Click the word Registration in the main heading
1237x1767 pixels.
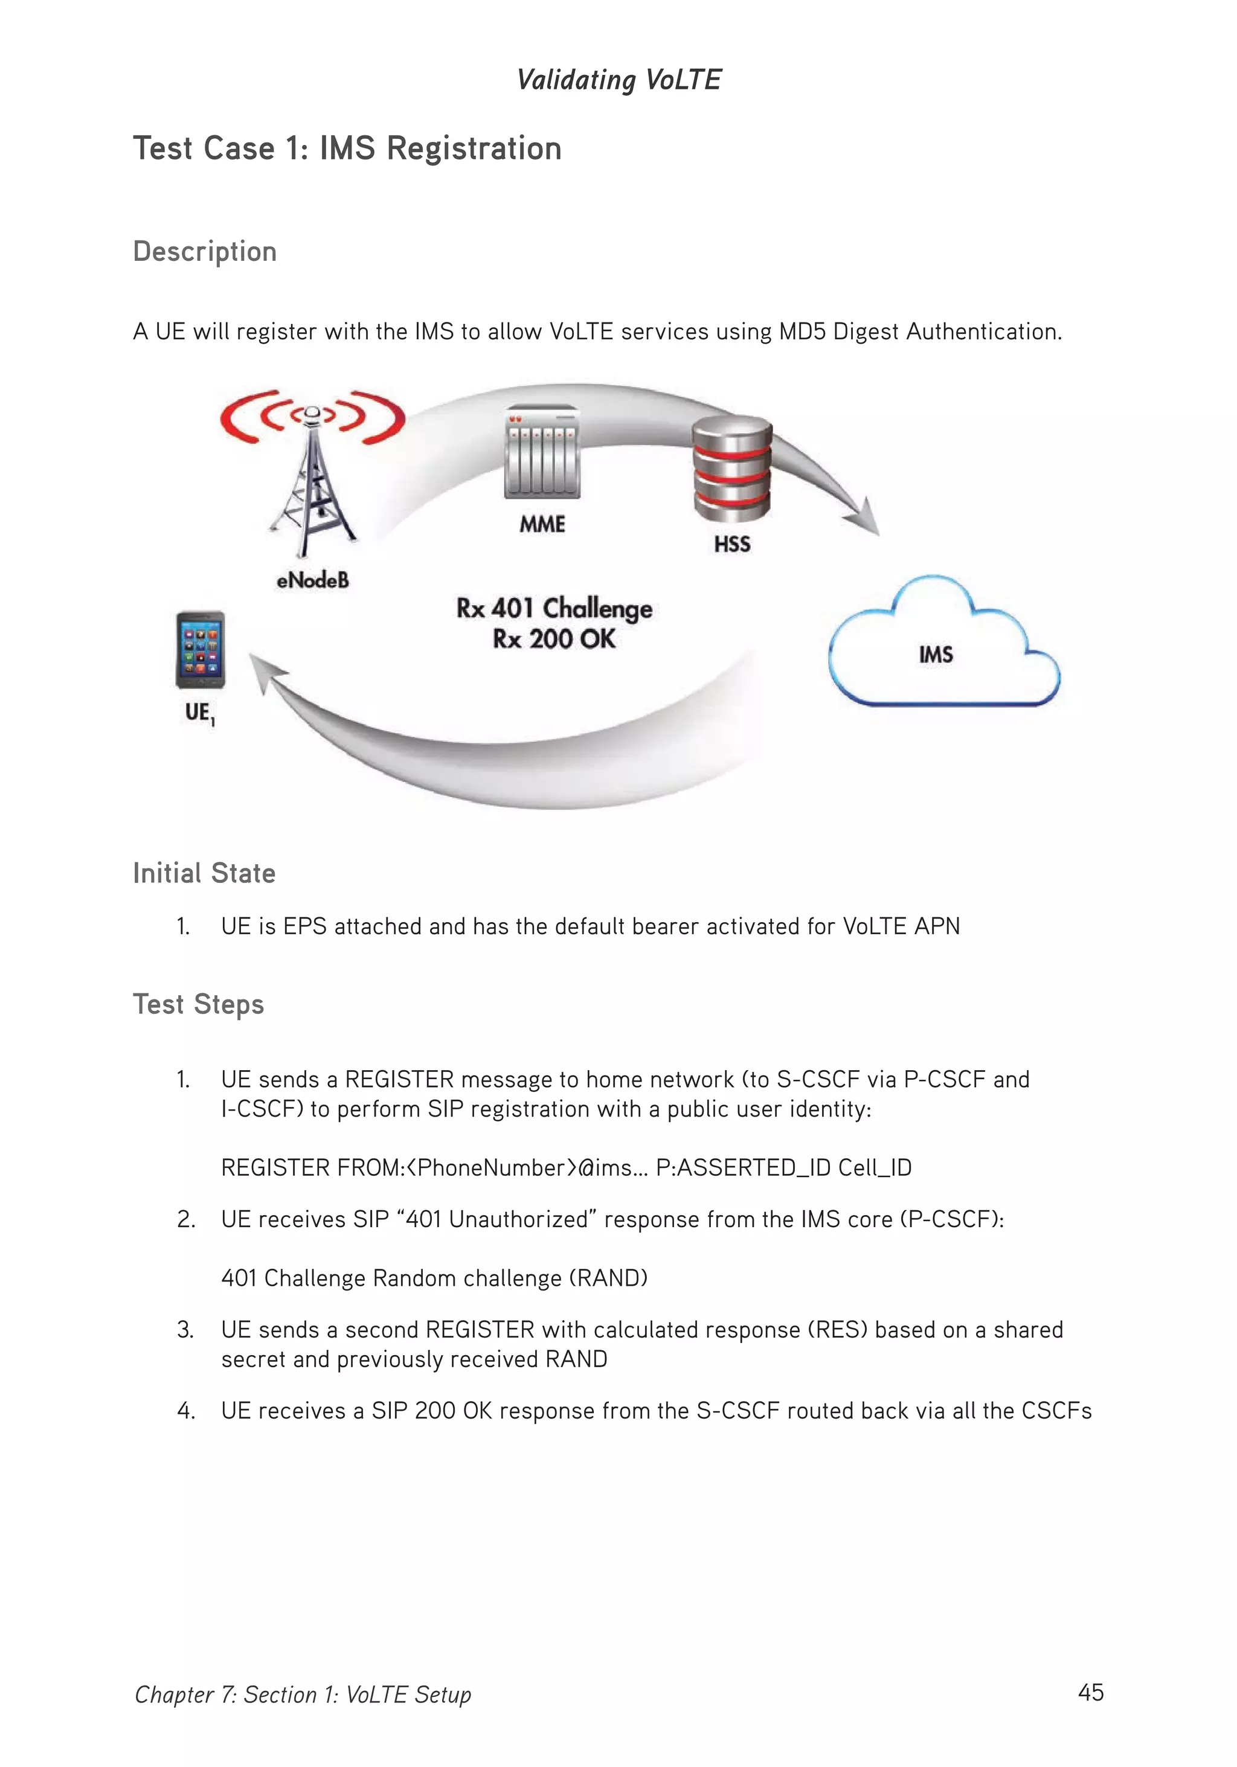coord(474,149)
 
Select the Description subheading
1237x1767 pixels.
coord(205,252)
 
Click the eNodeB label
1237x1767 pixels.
coord(312,580)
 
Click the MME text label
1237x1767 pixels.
coord(542,524)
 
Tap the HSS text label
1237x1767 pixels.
coord(731,544)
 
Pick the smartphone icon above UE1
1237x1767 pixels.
coord(200,650)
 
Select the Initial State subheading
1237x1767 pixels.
coord(204,873)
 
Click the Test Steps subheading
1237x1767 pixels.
coord(199,1004)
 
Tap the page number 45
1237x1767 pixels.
coord(1090,1692)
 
